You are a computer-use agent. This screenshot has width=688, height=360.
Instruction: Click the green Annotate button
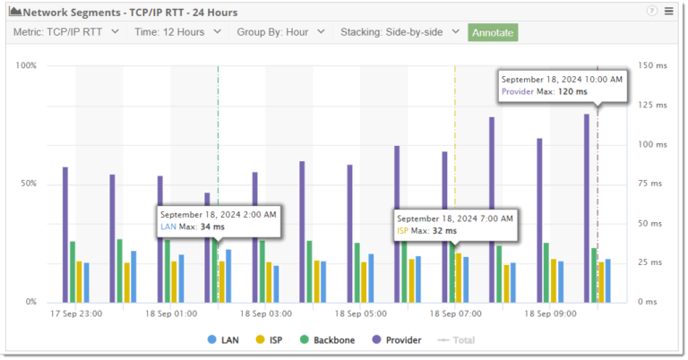[493, 32]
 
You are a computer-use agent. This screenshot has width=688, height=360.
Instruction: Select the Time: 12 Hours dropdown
[177, 32]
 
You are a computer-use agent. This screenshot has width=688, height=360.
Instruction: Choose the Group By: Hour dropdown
[279, 32]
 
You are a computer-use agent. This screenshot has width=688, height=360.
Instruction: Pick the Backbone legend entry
[330, 340]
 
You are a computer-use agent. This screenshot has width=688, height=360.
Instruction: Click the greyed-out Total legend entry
[457, 340]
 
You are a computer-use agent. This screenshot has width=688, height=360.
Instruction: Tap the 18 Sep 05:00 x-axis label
[361, 314]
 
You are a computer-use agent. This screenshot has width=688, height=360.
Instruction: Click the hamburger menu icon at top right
[668, 12]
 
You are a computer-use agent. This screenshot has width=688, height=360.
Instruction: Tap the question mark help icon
[651, 12]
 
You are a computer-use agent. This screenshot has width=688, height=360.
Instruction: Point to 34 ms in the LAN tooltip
[212, 227]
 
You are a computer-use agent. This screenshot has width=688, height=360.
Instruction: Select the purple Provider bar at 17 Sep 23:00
[64, 235]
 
